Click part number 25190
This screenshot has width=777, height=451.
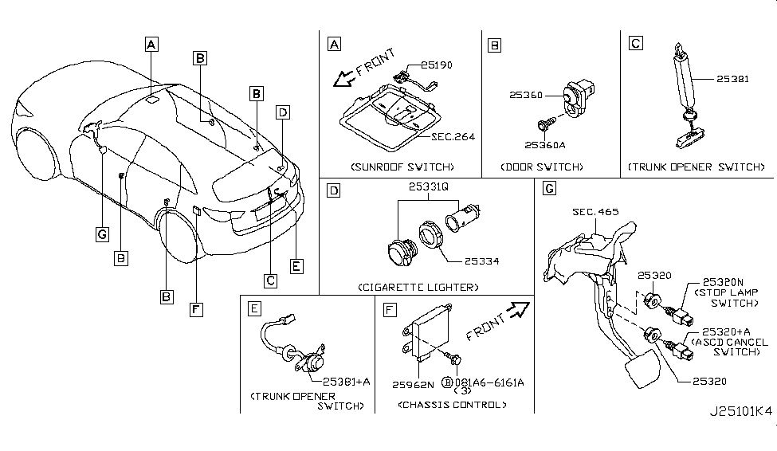pos(437,65)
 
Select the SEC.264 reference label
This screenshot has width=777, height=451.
pos(453,136)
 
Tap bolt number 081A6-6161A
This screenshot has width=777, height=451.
pos(490,382)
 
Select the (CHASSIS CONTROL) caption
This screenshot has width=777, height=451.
pos(451,405)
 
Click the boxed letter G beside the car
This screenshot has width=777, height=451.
pos(101,233)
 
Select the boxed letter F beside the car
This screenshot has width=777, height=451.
pos(194,309)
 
